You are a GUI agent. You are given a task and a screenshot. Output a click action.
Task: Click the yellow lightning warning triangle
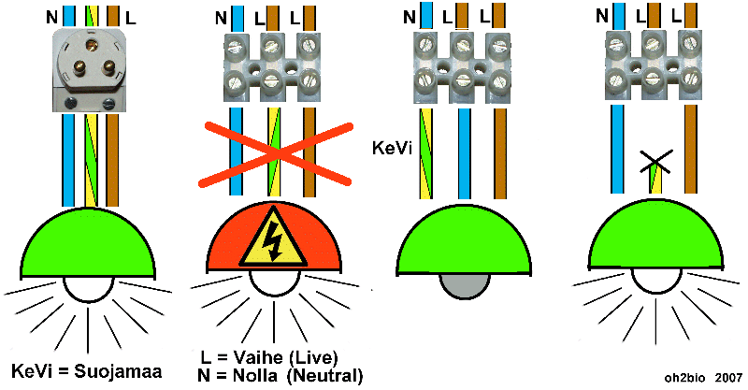click(x=272, y=240)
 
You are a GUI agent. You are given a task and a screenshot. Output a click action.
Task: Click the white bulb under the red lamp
click(x=272, y=286)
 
